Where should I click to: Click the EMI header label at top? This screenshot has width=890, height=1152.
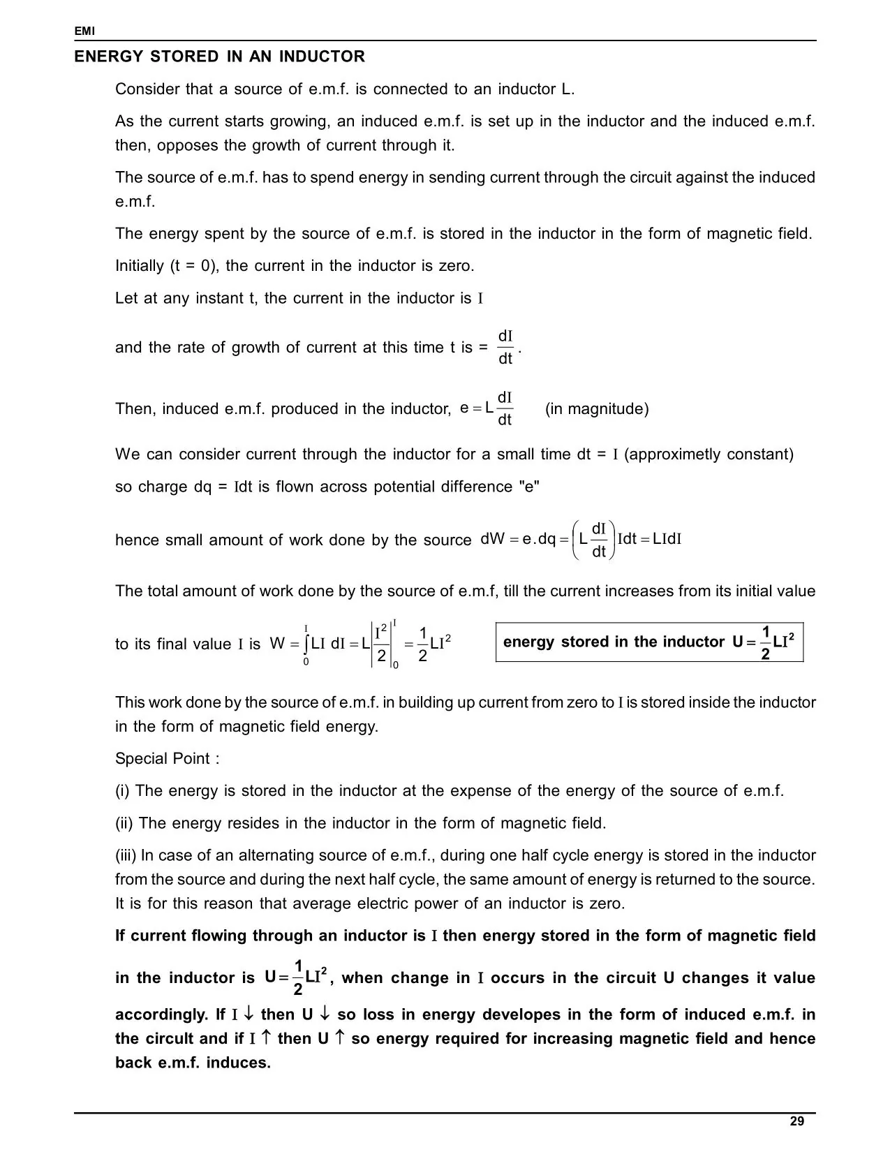[x=84, y=31]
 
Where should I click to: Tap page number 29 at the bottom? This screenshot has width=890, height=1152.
[x=796, y=1121]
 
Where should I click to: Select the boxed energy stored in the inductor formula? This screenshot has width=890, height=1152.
[x=649, y=642]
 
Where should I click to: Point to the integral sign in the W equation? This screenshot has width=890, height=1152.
[x=306, y=644]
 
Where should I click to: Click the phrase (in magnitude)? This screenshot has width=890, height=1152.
[x=597, y=408]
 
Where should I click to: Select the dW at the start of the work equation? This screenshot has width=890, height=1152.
[x=493, y=539]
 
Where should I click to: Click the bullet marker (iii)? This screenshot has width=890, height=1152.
[x=126, y=855]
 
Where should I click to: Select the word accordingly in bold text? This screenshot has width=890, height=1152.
[x=161, y=1014]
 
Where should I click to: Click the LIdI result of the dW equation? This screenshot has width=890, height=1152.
[x=667, y=539]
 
